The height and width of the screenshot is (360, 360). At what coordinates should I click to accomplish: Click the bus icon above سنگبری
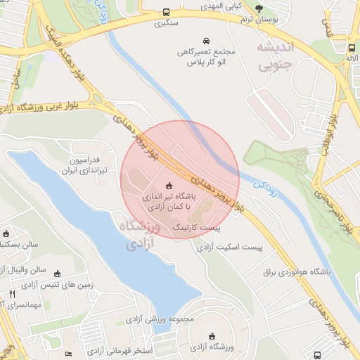166,12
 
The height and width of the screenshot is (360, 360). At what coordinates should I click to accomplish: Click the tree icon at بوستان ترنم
259,8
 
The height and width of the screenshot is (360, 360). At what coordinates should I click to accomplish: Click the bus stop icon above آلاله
352,47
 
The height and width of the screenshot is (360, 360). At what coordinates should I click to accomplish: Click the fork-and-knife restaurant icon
12,294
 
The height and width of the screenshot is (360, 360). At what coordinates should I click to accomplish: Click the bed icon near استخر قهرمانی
68,353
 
